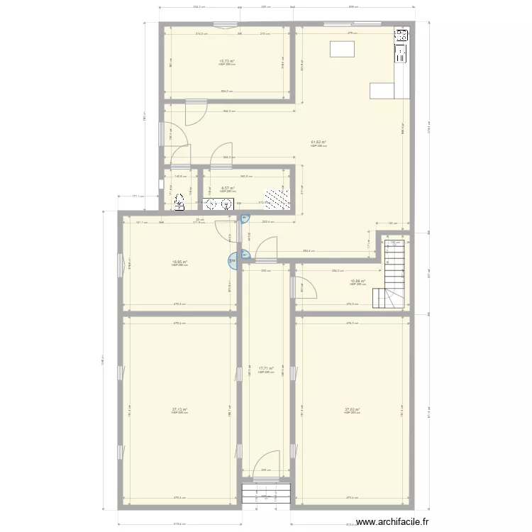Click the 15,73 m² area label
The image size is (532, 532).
point(226,62)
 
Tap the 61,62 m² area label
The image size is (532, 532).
point(318,142)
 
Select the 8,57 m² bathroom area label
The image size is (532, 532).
point(227,189)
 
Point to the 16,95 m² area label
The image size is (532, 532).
point(179,262)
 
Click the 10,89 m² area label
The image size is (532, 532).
point(358,281)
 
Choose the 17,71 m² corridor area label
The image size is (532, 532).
point(266,368)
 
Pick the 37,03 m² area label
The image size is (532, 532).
point(353,409)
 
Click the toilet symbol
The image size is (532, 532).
point(180,203)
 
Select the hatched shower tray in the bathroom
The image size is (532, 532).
point(277,199)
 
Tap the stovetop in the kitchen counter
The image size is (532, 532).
point(401,35)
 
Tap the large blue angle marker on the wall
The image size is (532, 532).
point(233,262)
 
